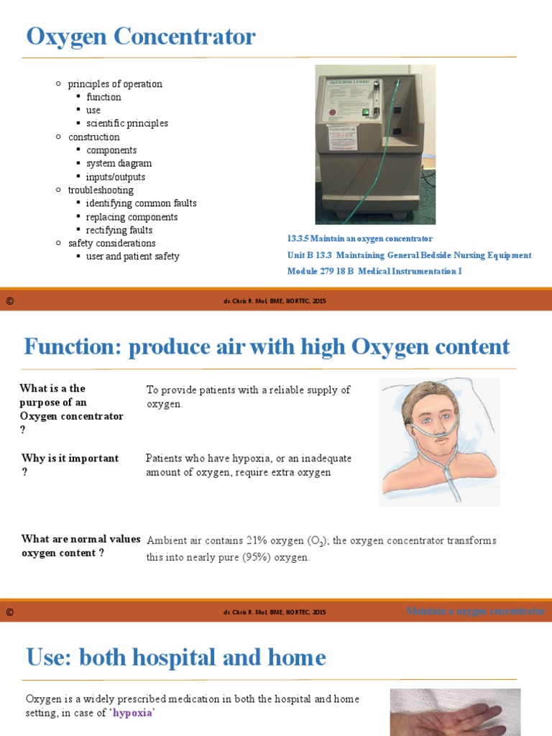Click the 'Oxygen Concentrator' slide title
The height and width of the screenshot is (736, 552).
141,37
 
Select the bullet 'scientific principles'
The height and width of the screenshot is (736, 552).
127,124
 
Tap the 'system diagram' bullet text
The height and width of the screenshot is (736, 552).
119,164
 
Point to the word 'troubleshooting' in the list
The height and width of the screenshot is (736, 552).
101,190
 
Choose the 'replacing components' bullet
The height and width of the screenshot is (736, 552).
132,217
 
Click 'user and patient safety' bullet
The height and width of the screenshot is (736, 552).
133,257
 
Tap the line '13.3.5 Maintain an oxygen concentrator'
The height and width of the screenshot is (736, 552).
359,239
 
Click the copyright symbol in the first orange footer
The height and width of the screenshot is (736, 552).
10,300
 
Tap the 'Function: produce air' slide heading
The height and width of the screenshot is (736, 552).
267,347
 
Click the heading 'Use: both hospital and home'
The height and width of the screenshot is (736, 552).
176,658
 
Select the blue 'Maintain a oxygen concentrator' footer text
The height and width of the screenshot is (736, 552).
475,612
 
